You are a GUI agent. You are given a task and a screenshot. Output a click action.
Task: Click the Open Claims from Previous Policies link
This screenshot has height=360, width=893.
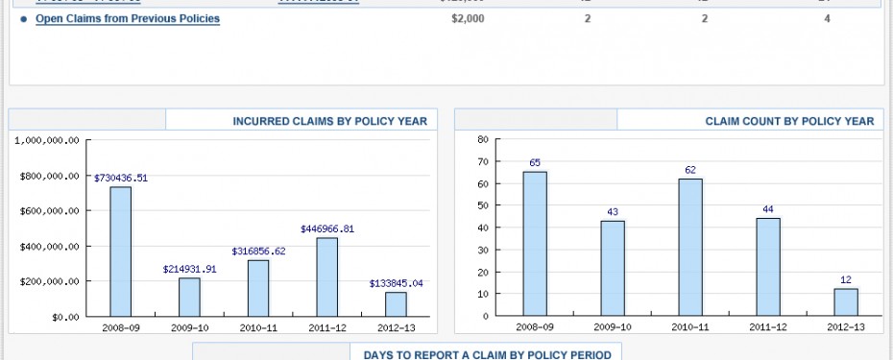(128, 18)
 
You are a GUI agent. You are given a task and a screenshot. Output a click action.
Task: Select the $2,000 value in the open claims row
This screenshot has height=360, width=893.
(468, 18)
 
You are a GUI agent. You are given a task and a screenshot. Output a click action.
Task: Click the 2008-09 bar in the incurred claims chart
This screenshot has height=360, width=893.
(120, 251)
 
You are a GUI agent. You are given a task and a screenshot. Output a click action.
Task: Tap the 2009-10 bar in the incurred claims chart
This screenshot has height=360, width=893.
(189, 297)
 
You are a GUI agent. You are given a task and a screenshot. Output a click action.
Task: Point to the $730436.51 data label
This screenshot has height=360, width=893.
(121, 178)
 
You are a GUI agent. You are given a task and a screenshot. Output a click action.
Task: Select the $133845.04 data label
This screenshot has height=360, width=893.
(397, 283)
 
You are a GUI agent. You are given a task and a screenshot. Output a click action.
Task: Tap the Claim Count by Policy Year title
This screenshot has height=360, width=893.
(789, 121)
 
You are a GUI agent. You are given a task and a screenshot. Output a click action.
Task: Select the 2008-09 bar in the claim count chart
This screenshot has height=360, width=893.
(535, 244)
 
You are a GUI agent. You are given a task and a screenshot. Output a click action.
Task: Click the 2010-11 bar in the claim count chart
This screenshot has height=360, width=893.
(690, 247)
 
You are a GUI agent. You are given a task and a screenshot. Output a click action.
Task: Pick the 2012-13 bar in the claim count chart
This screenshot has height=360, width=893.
(846, 302)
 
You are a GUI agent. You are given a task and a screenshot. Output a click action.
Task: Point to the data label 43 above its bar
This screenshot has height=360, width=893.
(613, 211)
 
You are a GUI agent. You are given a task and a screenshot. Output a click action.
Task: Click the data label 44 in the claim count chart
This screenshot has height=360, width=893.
(768, 209)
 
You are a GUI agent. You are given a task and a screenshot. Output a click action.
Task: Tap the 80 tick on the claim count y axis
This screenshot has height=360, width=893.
(483, 139)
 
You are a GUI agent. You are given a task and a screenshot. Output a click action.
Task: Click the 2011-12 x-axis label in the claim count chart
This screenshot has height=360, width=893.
(768, 327)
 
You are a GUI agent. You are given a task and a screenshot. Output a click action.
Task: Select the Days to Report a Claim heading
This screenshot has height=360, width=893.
(487, 354)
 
